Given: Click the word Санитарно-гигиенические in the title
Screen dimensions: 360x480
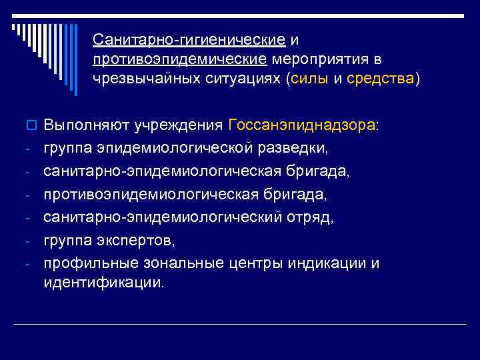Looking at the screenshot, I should [x=190, y=41].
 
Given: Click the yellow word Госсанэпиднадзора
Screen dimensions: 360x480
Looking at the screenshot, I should [x=301, y=125].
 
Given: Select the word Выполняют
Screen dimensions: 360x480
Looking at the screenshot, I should [x=83, y=125].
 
